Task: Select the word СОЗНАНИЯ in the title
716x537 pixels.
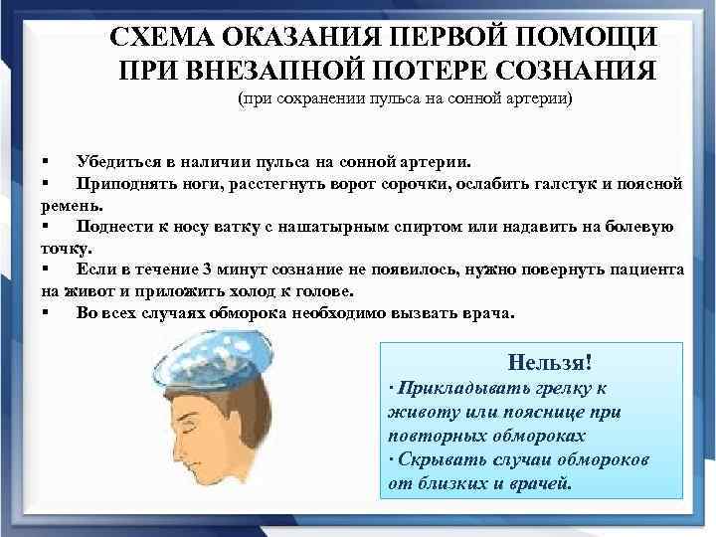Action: (x=565, y=73)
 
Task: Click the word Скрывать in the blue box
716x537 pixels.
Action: (x=437, y=460)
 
